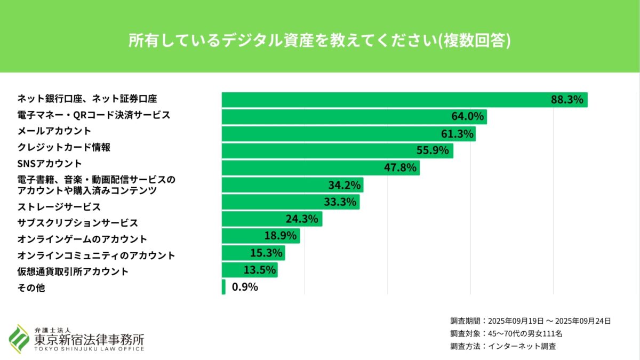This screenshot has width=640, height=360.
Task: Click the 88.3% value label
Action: click(x=567, y=100)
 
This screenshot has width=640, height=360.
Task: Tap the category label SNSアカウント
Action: click(x=50, y=163)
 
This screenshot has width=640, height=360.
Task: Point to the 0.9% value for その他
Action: click(x=245, y=287)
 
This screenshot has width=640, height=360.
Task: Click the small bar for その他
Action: click(x=223, y=287)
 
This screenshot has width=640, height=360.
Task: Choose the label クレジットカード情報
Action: click(x=64, y=147)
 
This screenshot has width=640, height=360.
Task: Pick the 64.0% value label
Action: click(x=467, y=117)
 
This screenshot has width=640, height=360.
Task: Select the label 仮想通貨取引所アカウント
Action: click(x=73, y=271)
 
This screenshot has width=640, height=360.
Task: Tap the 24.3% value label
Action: click(x=302, y=219)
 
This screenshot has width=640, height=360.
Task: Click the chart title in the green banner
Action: click(x=319, y=41)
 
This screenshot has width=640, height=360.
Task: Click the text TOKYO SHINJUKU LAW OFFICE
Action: click(x=89, y=349)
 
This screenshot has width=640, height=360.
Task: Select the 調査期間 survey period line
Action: click(x=530, y=321)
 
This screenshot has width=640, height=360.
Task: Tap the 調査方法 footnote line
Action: click(x=503, y=347)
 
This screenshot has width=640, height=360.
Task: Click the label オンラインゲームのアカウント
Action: click(x=82, y=238)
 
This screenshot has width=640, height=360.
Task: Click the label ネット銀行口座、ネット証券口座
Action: click(x=87, y=99)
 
